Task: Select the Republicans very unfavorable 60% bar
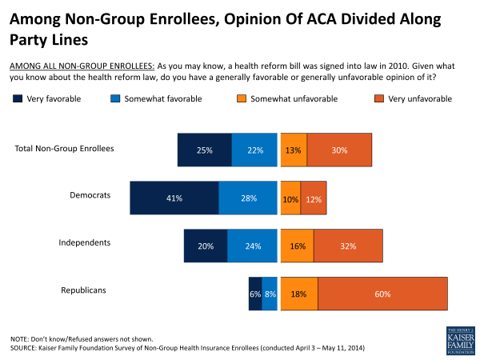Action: pos(382,294)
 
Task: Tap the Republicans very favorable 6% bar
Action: pos(255,294)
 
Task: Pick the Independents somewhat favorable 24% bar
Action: pos(252,246)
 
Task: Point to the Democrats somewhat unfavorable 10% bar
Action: pos(290,198)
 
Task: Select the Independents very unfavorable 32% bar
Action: pos(346,246)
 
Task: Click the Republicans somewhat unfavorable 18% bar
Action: pos(299,294)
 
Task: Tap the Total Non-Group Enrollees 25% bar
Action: pos(205,150)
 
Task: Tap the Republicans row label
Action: pos(84,290)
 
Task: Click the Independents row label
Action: pos(85,242)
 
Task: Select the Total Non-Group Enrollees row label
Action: pos(65,148)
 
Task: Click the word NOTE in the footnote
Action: pos(21,338)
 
